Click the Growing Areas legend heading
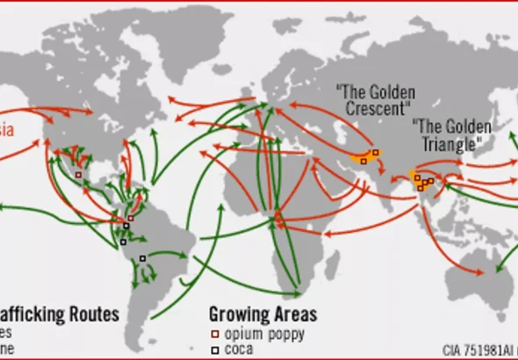263,314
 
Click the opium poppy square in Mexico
79,175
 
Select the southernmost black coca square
142,258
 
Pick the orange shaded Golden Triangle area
424,181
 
